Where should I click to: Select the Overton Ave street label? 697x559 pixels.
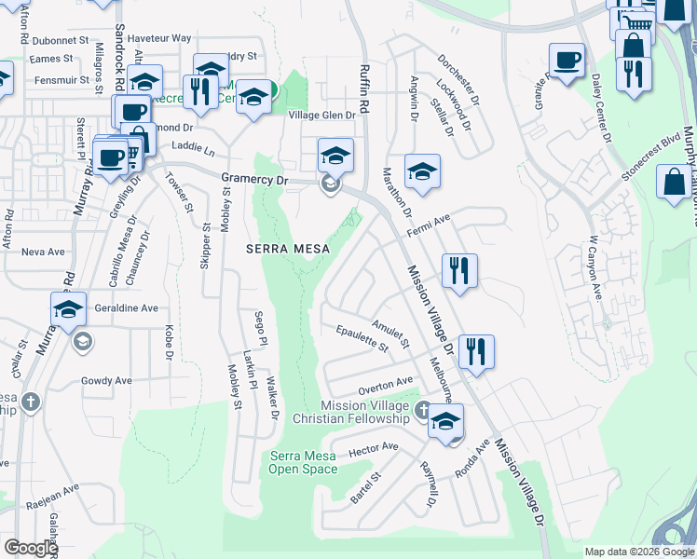tap(386, 383)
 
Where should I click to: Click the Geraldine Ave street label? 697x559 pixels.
tap(129, 307)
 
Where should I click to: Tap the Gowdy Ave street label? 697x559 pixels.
tap(106, 380)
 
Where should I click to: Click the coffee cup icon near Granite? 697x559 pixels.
tap(567, 61)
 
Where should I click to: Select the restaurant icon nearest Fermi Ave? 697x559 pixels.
tap(459, 271)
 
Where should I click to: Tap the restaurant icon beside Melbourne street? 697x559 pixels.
tap(476, 352)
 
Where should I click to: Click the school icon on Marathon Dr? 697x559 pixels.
tap(422, 171)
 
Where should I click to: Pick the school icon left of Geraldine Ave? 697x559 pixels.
tap(68, 309)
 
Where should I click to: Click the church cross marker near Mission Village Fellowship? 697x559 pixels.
tap(422, 410)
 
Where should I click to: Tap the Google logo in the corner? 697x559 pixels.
tap(32, 548)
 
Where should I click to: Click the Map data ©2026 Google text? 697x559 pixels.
tap(639, 552)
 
